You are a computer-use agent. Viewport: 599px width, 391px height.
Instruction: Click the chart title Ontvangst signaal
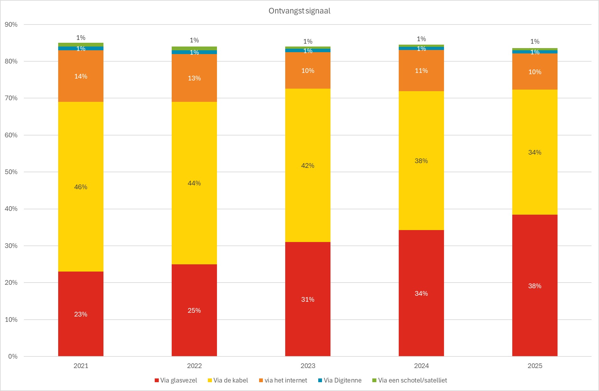299,11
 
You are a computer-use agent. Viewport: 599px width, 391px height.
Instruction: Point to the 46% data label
81,187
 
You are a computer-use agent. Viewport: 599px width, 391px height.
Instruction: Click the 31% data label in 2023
308,300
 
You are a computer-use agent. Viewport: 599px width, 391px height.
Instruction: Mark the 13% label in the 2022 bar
194,78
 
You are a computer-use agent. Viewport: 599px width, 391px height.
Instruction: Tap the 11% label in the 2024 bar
421,71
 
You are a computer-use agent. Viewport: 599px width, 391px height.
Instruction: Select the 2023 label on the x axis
308,366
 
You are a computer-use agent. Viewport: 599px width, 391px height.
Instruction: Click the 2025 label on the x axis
535,366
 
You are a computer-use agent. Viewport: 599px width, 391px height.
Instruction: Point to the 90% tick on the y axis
11,25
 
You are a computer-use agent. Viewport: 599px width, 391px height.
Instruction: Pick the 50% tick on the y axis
11,172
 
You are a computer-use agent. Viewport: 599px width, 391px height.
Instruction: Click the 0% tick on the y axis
13,356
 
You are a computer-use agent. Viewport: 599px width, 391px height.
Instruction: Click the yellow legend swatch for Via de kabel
210,380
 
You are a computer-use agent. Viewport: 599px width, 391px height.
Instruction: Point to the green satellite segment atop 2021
81,45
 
